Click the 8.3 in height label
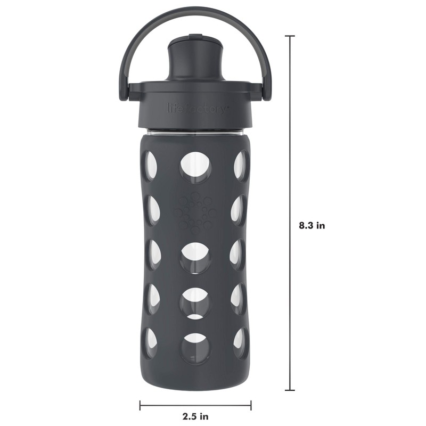pos(312,225)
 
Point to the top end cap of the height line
pos(290,36)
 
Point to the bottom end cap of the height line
pos(290,390)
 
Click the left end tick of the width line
pos(140,406)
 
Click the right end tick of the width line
pos(251,406)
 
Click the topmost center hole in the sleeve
pos(195,165)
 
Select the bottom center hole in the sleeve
pos(195,347)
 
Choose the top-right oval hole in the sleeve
pos(241,166)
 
